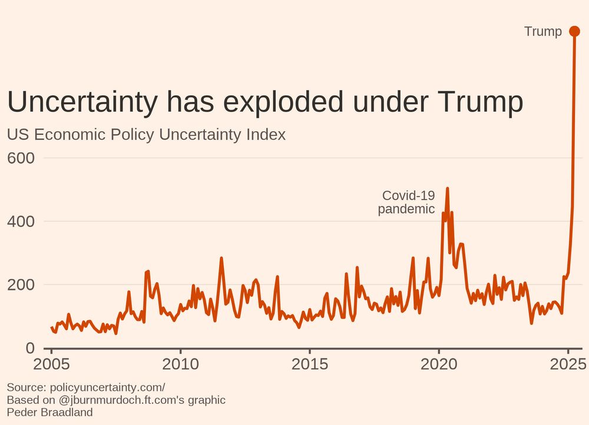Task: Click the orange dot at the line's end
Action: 575,31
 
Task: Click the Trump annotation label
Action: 542,32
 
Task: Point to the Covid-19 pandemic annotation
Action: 407,202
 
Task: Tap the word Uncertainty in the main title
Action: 82,102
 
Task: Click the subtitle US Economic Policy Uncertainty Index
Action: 146,134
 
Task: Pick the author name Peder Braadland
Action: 49,412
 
